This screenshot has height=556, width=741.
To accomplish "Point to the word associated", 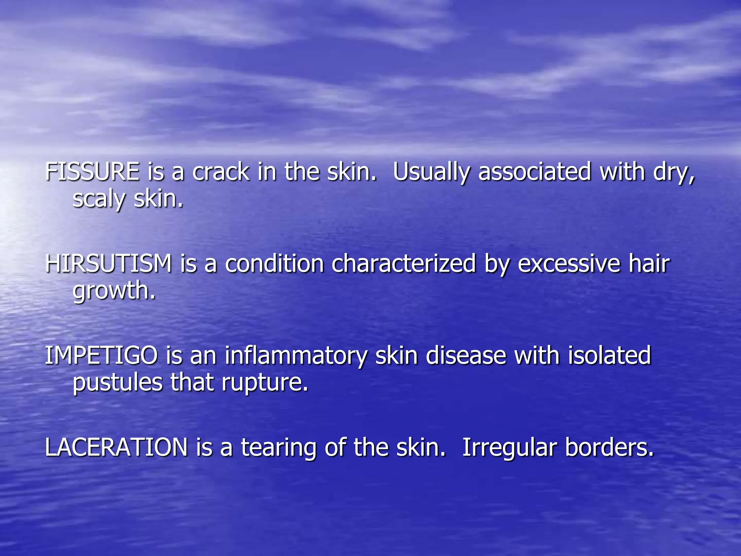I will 535,172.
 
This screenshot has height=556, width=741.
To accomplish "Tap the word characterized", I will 403,264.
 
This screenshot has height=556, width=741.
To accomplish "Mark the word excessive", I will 568,264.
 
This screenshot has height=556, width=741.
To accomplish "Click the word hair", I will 649,264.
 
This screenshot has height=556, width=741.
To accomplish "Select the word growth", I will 114,291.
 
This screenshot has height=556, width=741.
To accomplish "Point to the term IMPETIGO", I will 101,355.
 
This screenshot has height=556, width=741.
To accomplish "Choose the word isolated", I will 609,355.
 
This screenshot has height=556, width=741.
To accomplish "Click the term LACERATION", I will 116,447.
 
